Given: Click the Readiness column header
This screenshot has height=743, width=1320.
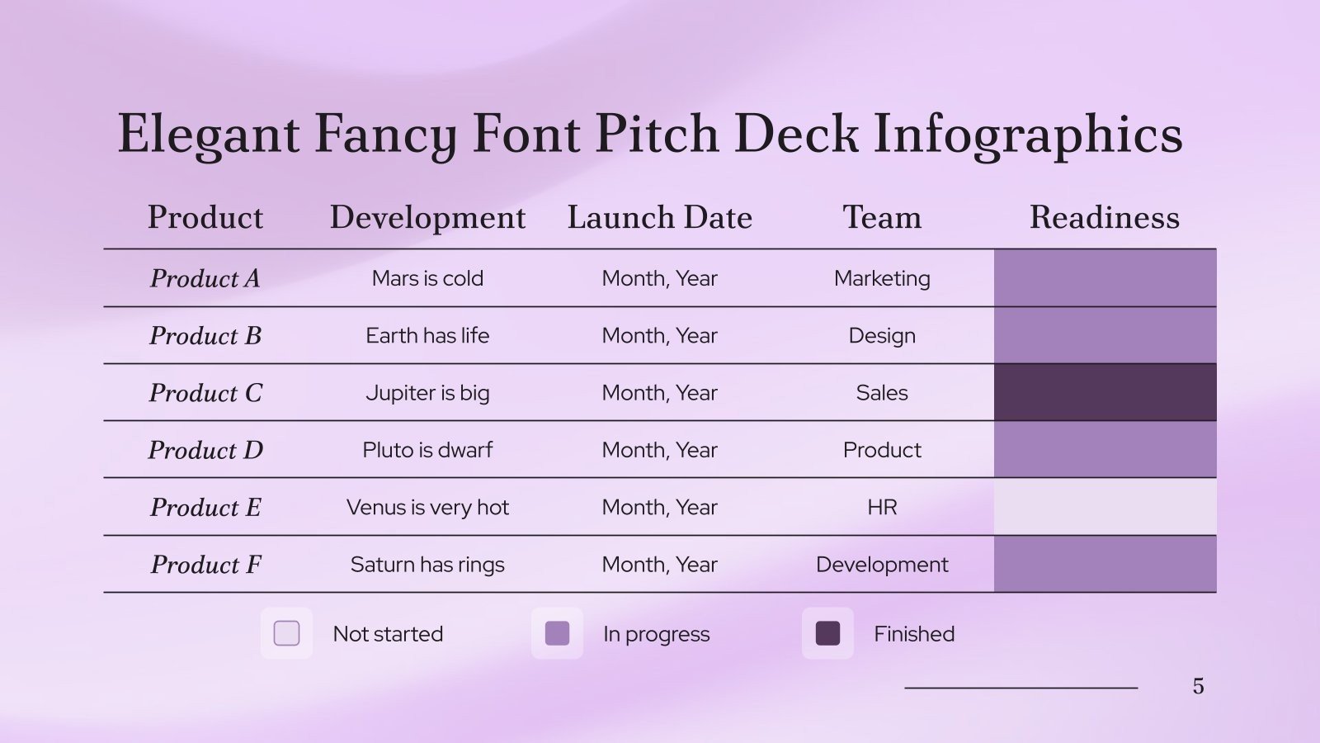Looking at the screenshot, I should pos(1104,217).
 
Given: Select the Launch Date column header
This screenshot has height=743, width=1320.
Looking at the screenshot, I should pos(659,217).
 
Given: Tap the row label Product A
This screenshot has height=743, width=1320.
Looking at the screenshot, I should pos(205,278).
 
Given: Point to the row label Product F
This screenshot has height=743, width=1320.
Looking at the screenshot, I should pos(205,565).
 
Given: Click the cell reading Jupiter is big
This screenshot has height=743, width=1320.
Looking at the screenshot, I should pos(427,393).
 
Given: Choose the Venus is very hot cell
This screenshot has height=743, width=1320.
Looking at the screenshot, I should pos(427,507).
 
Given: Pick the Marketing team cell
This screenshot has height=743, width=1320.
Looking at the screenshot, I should pos(882,278).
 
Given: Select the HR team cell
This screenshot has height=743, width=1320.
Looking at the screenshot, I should pos(882,507).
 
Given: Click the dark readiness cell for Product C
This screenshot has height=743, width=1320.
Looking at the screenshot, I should pos(1105,393).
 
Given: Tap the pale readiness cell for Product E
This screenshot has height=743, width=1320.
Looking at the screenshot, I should pos(1105,507).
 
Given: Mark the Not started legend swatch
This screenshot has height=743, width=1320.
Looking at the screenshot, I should pos(286,633).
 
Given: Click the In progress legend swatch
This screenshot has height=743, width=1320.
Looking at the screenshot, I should pos(557,633).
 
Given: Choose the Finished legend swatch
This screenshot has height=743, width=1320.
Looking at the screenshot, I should pos(827,633).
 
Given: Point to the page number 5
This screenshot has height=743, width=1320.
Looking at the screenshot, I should pos(1198,686).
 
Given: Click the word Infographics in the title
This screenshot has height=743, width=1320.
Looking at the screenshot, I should pos(1028,134).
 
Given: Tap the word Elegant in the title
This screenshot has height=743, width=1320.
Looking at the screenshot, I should pos(209,134).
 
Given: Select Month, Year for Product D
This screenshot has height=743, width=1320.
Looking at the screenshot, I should pos(659,450).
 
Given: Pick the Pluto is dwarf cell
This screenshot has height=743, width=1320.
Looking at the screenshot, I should pos(427,450).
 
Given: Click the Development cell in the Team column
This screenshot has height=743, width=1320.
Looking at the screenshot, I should pos(882,565).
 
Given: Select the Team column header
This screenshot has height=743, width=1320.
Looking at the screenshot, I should pos(882,217).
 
